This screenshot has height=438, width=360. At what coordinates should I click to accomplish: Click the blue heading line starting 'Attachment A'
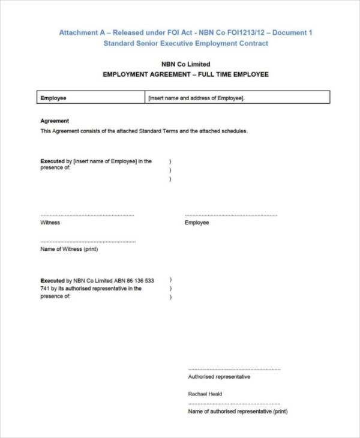(x=185, y=33)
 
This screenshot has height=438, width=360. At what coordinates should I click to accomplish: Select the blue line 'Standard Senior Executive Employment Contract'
(x=185, y=43)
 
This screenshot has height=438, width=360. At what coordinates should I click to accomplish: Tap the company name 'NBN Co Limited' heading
(x=185, y=64)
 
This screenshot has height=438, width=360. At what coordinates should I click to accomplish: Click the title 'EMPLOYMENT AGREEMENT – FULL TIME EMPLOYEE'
(x=185, y=74)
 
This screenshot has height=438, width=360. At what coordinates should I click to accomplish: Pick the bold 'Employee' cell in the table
(x=53, y=98)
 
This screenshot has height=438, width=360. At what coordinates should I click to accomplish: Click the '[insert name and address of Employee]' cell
(x=196, y=98)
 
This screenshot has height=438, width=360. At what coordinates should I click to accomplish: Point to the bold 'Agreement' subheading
(x=55, y=121)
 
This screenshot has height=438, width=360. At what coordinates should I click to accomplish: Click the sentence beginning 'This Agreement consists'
(x=143, y=131)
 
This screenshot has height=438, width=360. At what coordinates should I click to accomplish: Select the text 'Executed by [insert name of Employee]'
(x=96, y=161)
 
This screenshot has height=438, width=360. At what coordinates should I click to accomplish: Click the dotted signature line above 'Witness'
(x=87, y=215)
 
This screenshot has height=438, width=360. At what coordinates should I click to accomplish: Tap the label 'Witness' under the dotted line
(x=50, y=223)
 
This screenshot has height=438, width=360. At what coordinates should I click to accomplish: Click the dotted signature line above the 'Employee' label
(x=231, y=215)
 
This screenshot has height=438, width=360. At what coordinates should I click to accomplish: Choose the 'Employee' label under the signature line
(x=197, y=223)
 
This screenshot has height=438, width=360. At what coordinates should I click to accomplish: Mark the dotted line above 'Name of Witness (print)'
(x=88, y=242)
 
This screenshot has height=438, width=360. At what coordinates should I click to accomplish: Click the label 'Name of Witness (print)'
(x=69, y=249)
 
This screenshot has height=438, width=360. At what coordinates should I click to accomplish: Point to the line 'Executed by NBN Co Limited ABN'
(x=97, y=281)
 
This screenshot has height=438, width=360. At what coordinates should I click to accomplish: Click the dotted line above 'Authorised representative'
(x=234, y=370)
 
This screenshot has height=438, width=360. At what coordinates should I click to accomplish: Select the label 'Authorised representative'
(x=219, y=377)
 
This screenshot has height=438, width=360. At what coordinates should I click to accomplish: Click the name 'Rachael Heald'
(x=205, y=394)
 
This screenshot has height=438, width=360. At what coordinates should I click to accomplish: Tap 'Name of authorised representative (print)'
(x=238, y=412)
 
